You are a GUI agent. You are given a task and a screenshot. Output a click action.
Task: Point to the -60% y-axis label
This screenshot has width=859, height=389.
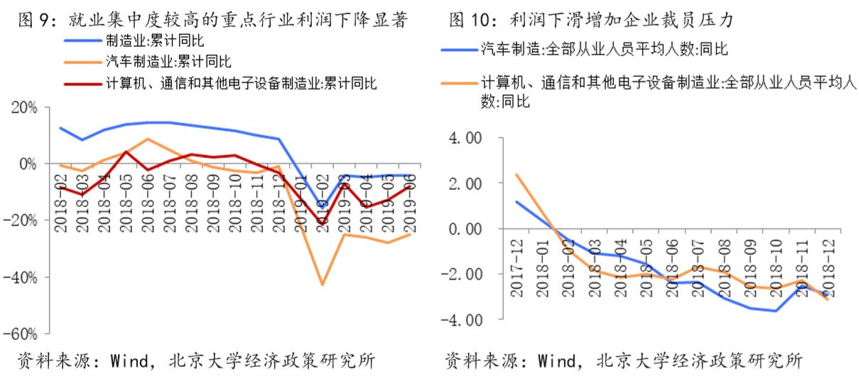tap(23, 334)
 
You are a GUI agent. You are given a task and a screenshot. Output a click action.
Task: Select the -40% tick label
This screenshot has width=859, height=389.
tap(23, 277)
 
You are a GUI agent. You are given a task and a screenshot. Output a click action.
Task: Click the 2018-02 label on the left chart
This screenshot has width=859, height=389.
tap(60, 206)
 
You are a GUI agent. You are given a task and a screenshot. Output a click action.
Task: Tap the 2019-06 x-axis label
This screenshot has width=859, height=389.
tap(410, 206)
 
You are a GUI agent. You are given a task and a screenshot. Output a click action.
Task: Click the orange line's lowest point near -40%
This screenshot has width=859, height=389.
tap(323, 284)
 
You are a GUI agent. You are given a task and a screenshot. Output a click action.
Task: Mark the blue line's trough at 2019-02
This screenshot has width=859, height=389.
tap(323, 208)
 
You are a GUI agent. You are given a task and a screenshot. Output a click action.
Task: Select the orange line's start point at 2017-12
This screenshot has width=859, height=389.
tap(517, 174)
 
